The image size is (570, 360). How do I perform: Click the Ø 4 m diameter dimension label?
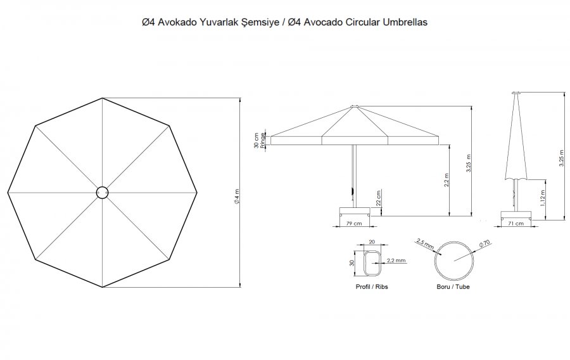[237, 196]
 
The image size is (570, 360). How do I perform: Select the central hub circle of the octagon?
[102, 193]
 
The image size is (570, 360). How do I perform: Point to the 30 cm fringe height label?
[256, 140]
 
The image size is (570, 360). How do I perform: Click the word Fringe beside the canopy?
[263, 140]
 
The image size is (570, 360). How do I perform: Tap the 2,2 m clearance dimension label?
[446, 180]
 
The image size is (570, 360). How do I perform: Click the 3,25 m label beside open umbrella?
[469, 164]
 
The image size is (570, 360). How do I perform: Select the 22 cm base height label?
[379, 198]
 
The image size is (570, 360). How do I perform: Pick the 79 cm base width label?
[353, 223]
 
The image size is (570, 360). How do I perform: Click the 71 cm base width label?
[516, 223]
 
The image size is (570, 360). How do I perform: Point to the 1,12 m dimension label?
[543, 198]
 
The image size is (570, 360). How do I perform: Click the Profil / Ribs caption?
[372, 287]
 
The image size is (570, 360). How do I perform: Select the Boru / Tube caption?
[453, 287]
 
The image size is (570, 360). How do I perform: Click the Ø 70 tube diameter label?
[484, 243]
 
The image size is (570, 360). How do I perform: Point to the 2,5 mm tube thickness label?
[426, 243]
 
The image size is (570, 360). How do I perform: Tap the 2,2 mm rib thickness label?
[396, 260]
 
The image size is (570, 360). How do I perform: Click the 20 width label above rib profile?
[372, 242]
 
